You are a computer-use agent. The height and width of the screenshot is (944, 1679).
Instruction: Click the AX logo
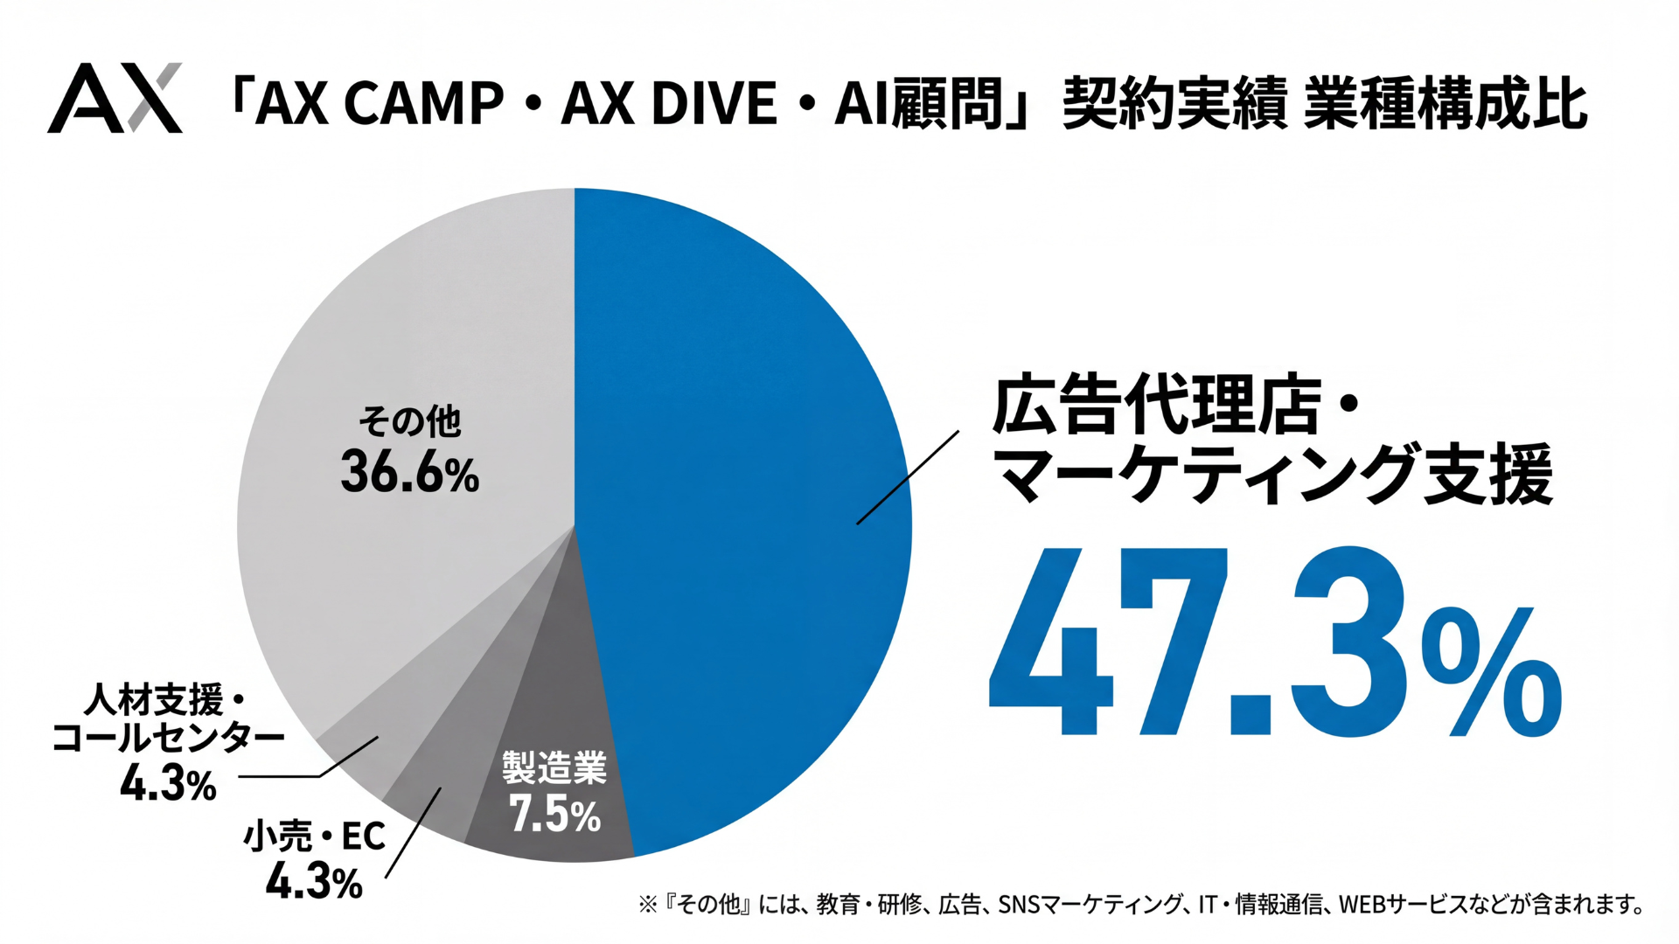(115, 98)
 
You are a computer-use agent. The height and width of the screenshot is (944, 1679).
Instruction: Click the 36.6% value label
(409, 474)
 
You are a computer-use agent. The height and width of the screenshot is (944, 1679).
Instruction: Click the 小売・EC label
(314, 836)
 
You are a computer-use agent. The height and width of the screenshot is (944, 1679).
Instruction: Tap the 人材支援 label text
(156, 701)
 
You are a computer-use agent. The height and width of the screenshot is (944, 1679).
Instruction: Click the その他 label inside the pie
(409, 422)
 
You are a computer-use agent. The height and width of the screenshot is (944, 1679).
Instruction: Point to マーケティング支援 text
(1273, 475)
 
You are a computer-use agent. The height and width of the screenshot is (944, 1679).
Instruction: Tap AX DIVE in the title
(669, 103)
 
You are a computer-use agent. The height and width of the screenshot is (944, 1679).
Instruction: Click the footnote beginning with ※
(1141, 904)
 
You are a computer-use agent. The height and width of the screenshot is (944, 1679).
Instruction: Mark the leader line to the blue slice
(908, 477)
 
